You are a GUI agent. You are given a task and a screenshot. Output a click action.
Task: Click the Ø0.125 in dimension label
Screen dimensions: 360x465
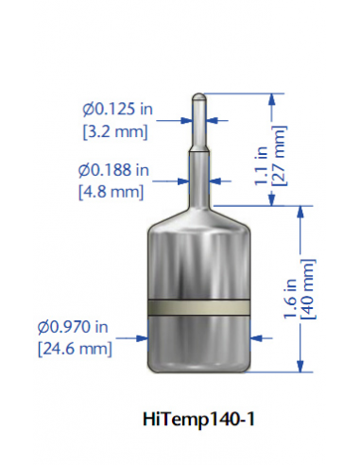118,110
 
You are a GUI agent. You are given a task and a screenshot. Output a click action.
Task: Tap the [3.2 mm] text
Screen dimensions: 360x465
115,131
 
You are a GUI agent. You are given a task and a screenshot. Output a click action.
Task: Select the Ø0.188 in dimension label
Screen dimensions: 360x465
113,170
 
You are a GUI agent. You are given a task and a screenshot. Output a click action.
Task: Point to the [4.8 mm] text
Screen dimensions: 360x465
111,192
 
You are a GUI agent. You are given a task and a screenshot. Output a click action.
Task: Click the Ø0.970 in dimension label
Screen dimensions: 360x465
73,327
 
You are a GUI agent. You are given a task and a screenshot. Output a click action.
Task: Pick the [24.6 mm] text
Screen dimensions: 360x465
75,349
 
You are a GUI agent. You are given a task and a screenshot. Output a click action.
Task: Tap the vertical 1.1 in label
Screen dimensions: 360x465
262,166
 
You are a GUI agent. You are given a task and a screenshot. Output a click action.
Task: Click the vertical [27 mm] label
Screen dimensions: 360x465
280,156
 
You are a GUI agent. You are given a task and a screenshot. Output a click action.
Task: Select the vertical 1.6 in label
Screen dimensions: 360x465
290,299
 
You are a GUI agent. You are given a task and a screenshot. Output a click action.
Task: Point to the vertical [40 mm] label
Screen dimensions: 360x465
308,289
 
